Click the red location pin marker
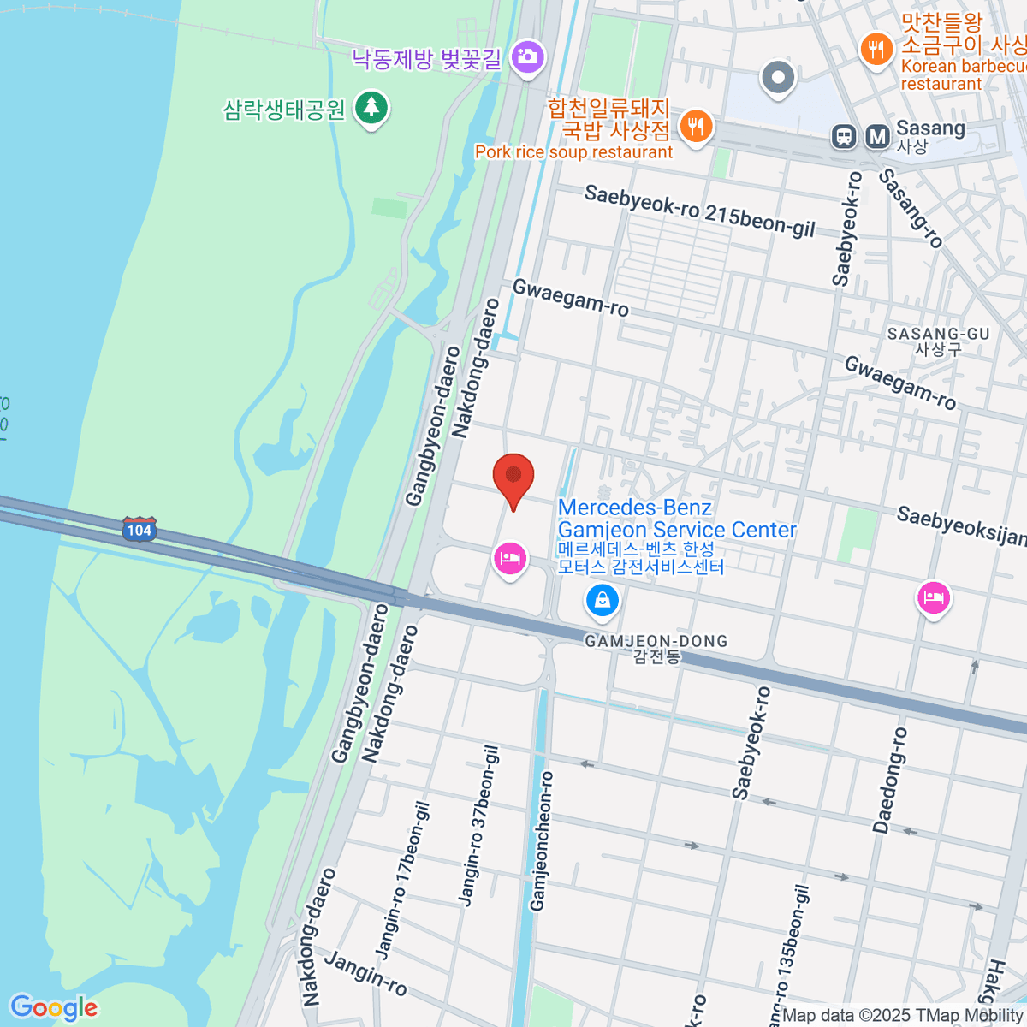tap(513, 478)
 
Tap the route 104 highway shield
tap(139, 530)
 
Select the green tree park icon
tap(371, 108)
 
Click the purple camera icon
tap(527, 57)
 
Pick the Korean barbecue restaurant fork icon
tap(876, 49)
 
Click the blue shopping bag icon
tap(603, 599)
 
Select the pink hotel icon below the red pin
tap(510, 559)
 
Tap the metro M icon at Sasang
tap(877, 136)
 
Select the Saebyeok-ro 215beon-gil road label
tap(699, 211)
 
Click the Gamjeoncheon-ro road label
tap(542, 840)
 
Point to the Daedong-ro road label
tap(889, 780)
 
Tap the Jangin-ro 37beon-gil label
tap(479, 825)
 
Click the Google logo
tap(53, 1008)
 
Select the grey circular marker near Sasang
tap(778, 78)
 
